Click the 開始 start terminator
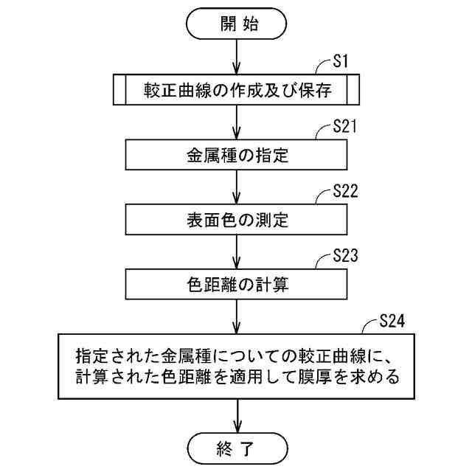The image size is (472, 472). coord(235,23)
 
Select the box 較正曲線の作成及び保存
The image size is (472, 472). coord(236,91)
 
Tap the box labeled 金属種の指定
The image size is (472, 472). coord(236,156)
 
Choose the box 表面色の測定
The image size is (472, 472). coord(236,219)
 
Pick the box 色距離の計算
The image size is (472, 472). coord(236,282)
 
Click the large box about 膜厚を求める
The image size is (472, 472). coord(236,367)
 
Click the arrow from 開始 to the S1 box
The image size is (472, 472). coord(236,57)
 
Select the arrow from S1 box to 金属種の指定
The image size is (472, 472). coord(236,123)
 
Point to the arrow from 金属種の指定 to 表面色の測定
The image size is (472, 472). coord(236,187)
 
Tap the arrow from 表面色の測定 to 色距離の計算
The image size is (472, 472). coord(236,251)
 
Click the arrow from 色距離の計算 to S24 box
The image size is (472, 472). coord(236,315)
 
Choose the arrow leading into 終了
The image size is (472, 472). coord(236,415)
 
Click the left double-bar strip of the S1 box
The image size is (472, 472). coord(119,91)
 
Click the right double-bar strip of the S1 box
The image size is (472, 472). coord(352,91)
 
